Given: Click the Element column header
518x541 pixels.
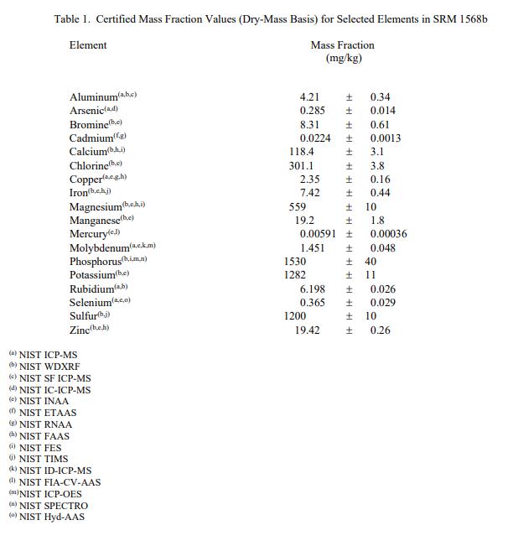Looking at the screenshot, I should click(x=87, y=45).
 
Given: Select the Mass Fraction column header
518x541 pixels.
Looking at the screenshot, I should click(x=342, y=45).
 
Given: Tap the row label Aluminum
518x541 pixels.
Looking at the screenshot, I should click(x=94, y=97).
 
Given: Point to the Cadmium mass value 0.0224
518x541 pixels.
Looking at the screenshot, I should click(x=315, y=138).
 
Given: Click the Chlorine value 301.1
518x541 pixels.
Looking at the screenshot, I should click(x=302, y=166).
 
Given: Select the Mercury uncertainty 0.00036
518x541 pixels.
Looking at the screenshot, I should click(x=388, y=234).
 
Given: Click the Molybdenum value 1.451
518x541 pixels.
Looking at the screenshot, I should click(x=313, y=248).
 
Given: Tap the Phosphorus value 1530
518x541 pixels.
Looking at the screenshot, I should click(x=295, y=262).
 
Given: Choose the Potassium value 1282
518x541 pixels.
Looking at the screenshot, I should click(x=295, y=275).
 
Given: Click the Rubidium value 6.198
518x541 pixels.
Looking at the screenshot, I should click(x=313, y=289).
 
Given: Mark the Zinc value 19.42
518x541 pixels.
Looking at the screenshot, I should click(x=307, y=330).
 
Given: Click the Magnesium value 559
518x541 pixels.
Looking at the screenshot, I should click(x=298, y=207).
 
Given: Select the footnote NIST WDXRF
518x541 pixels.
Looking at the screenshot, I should click(x=49, y=367).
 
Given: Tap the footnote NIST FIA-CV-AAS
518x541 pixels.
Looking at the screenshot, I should click(x=60, y=482).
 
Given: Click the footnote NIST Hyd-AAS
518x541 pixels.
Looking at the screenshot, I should click(x=52, y=517).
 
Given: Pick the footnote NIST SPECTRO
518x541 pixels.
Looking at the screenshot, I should click(x=53, y=506).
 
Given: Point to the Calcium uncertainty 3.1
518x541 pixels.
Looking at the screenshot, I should click(x=377, y=152).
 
